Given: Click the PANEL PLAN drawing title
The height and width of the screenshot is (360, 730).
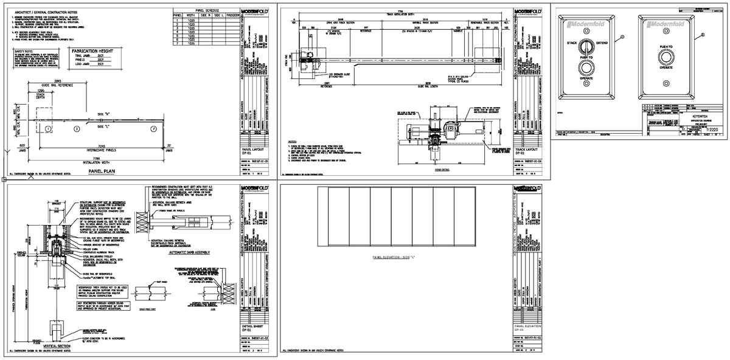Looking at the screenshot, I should [102, 171].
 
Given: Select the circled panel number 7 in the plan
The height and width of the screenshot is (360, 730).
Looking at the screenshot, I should [154, 129].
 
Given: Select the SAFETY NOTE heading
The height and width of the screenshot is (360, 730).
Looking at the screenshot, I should [24, 52].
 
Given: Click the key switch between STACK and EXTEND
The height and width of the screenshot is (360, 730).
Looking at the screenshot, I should [586, 45].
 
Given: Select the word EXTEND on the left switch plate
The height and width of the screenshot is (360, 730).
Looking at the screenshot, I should [602, 44].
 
